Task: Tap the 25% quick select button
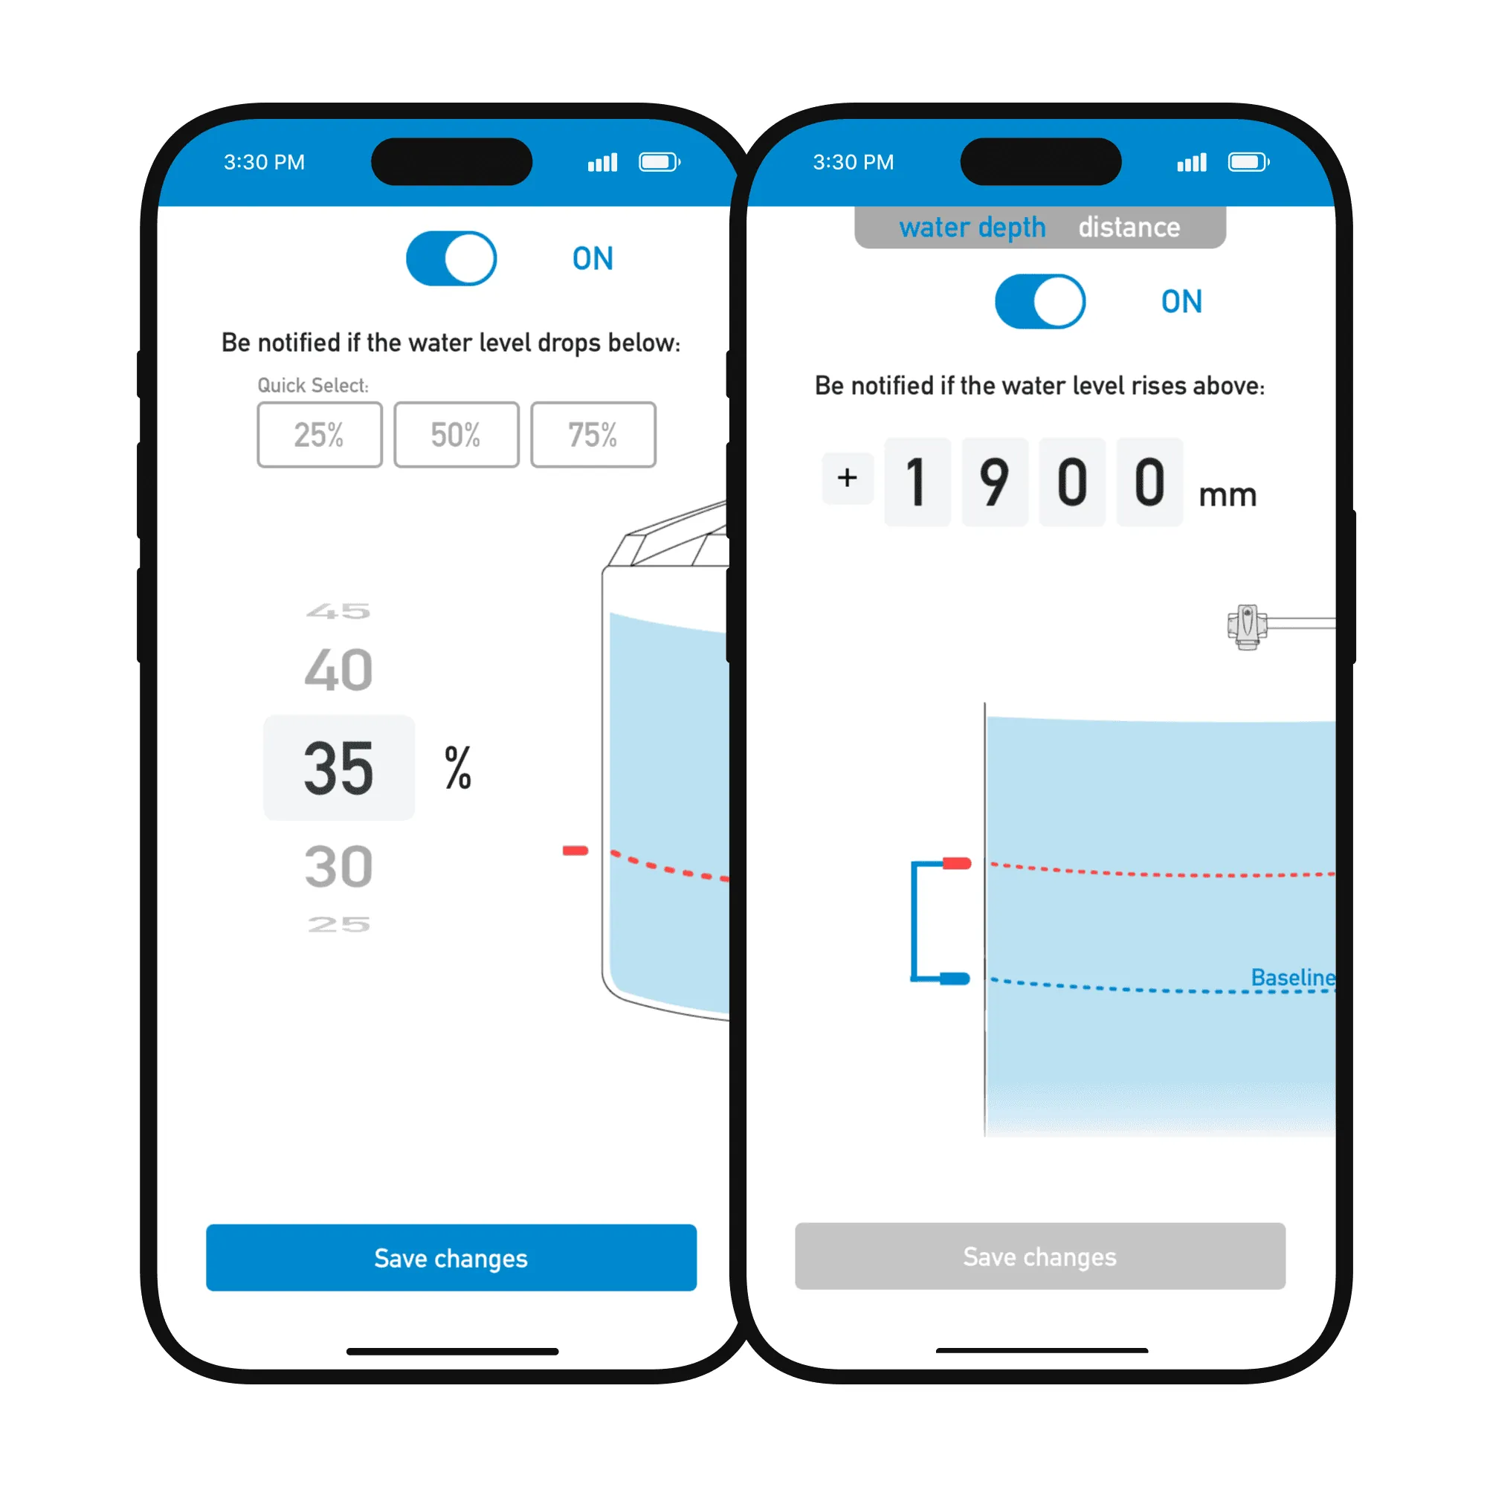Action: tap(320, 435)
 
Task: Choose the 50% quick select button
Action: tap(457, 435)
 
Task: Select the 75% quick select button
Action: tap(593, 435)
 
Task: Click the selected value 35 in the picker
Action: tap(338, 768)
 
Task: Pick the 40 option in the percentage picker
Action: tap(338, 671)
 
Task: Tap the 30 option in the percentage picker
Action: tap(338, 868)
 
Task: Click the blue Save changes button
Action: tap(451, 1258)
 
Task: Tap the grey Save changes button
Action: tap(1040, 1256)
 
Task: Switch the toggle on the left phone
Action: tap(452, 259)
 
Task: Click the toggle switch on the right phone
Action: tap(1041, 302)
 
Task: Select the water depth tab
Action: tap(972, 228)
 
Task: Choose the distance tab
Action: tap(1129, 227)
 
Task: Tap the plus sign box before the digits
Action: tap(848, 478)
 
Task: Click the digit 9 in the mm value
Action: tap(994, 483)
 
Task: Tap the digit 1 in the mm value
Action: tap(917, 483)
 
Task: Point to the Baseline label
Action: tap(1293, 978)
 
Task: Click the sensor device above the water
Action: tap(1248, 627)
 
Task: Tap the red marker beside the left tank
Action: tap(575, 851)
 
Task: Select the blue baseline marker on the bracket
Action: tap(955, 979)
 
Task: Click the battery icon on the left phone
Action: tap(659, 162)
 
